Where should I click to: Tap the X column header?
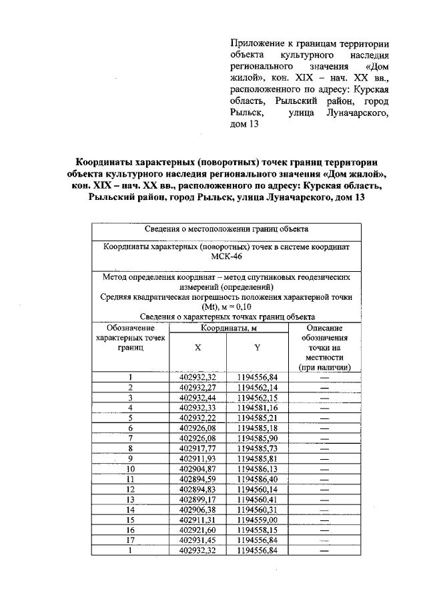click(197, 348)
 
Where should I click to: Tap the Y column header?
click(257, 348)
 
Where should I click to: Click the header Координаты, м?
click(228, 328)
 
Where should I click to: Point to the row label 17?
click(131, 540)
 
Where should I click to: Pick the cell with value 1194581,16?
click(257, 407)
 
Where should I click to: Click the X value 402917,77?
click(197, 449)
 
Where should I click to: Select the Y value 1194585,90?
click(257, 439)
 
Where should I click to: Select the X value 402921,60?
click(197, 530)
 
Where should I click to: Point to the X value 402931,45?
click(197, 540)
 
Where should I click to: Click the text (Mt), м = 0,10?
click(227, 307)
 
